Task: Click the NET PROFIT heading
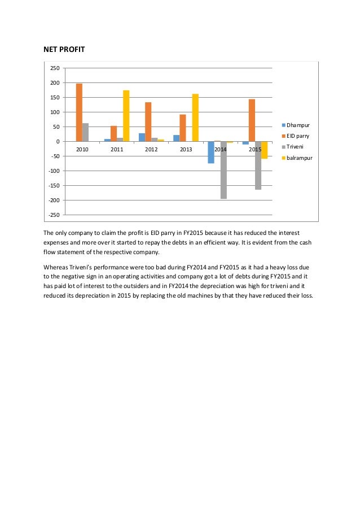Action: click(64, 50)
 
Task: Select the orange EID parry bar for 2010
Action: click(79, 112)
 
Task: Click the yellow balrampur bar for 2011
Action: click(126, 116)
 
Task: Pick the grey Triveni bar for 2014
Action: click(223, 170)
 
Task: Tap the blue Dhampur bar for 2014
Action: click(211, 152)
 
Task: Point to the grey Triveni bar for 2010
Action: click(85, 132)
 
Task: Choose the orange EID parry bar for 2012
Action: click(148, 121)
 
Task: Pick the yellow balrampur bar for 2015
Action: click(264, 150)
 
